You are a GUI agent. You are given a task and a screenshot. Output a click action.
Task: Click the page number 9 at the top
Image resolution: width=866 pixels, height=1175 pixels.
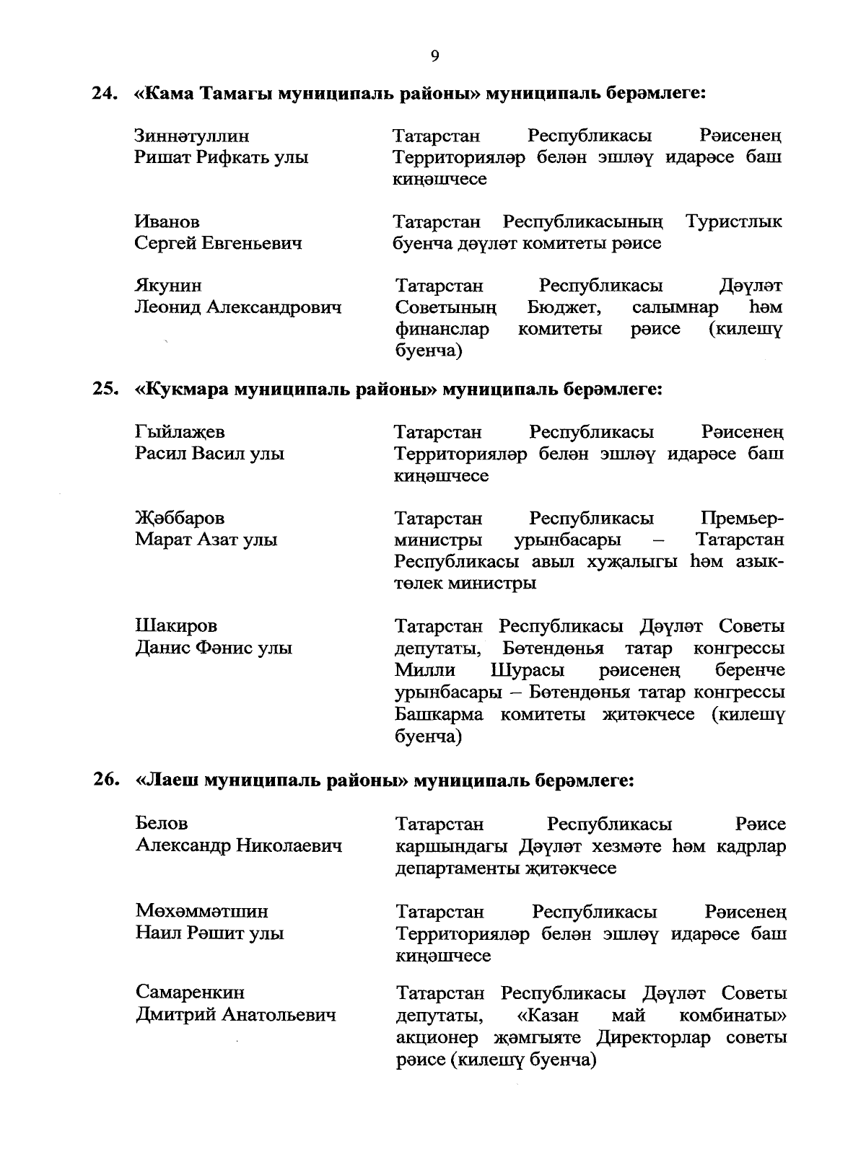tap(434, 56)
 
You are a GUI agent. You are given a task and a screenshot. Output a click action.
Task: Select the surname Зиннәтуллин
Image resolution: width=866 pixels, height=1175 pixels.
tap(192, 136)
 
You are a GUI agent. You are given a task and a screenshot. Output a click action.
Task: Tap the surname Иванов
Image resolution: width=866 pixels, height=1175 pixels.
tap(167, 221)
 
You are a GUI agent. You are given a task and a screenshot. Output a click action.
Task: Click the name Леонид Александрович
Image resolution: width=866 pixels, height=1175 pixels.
tap(238, 308)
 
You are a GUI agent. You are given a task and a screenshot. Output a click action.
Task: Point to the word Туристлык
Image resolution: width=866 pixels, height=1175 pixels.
tap(734, 221)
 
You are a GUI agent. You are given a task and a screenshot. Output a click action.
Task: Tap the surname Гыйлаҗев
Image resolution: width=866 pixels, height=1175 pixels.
tap(180, 433)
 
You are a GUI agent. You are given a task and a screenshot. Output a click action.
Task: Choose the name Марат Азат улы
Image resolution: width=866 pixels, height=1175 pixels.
tap(206, 540)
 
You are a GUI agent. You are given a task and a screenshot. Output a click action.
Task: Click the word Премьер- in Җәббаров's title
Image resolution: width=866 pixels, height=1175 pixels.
tap(742, 519)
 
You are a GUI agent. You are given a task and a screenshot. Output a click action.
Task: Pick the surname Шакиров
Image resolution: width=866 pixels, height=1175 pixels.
tap(176, 626)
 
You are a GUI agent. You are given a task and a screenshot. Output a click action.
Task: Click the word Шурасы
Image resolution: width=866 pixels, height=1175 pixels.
tap(528, 671)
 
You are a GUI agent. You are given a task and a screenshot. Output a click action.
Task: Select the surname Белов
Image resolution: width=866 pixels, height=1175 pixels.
tap(162, 824)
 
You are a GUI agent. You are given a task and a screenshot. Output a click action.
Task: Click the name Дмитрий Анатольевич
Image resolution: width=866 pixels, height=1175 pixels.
tap(236, 1016)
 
